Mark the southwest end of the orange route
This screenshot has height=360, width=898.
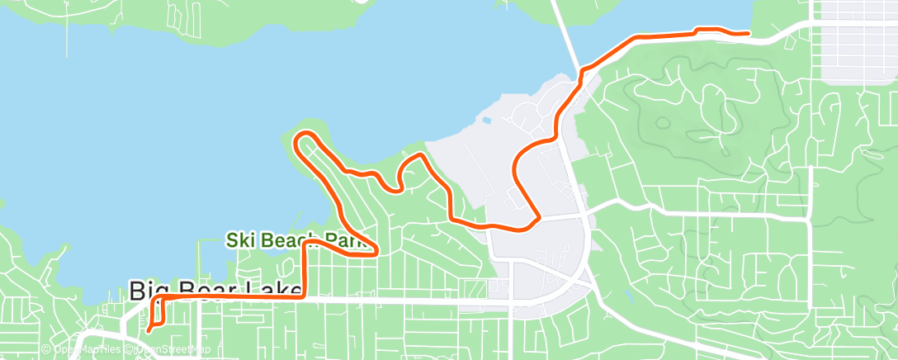(149, 331)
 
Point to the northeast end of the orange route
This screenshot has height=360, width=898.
(748, 33)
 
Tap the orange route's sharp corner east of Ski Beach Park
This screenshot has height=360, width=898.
(376, 253)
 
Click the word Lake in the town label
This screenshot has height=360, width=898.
(264, 291)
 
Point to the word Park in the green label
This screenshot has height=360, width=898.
(347, 241)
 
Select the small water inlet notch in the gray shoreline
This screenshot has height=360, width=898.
(487, 121)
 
